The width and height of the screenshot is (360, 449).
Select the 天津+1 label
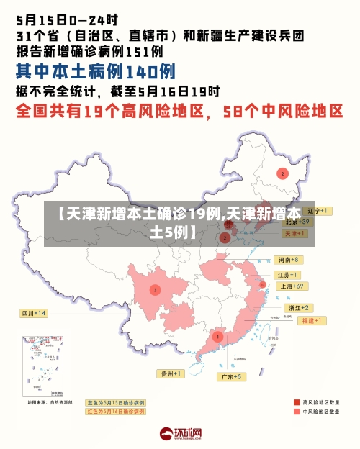click(x=292, y=234)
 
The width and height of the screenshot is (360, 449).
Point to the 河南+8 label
click(x=287, y=259)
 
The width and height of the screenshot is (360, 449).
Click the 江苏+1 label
click(x=288, y=275)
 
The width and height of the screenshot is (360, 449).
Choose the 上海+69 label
click(x=292, y=286)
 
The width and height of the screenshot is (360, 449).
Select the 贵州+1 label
click(x=171, y=373)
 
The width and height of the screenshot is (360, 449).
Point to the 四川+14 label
click(x=33, y=313)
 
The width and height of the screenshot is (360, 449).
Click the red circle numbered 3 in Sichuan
click(x=154, y=290)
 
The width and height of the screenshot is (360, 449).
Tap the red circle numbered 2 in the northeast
click(x=282, y=173)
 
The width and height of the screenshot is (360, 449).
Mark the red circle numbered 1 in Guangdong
click(x=217, y=337)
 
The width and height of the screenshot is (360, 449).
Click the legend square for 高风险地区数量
click(x=297, y=402)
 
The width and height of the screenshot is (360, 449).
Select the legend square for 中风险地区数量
click(x=297, y=412)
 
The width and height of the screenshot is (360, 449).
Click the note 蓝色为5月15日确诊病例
click(x=115, y=403)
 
